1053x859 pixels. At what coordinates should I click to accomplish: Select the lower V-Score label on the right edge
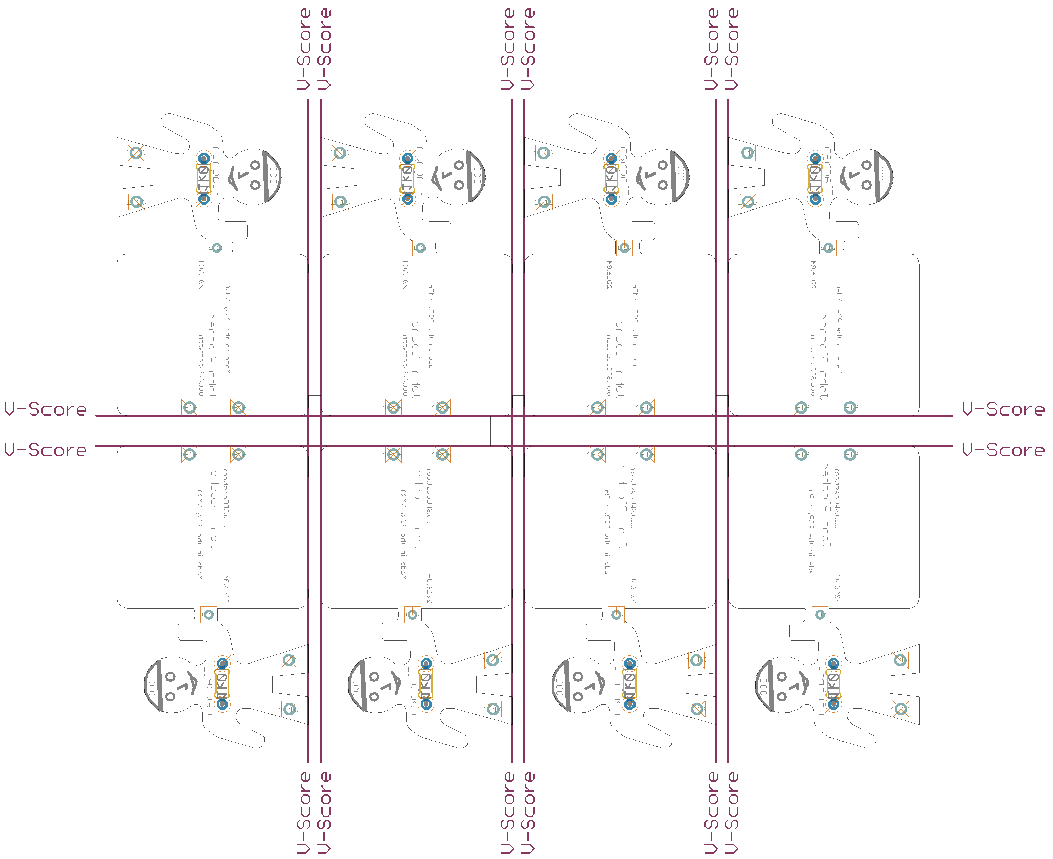point(1003,450)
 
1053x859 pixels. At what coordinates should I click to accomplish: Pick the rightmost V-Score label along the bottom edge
point(732,812)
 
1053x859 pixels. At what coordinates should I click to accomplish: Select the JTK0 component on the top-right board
point(815,179)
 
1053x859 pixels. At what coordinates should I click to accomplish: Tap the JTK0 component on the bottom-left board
point(222,684)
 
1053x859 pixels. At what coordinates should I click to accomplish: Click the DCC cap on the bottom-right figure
point(764,685)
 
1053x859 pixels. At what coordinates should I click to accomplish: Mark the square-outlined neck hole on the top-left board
point(216,248)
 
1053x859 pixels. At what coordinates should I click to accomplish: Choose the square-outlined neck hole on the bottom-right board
point(820,615)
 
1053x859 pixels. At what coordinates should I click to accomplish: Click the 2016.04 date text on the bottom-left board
point(226,588)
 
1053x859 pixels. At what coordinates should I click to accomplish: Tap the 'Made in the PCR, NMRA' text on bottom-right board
point(810,534)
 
